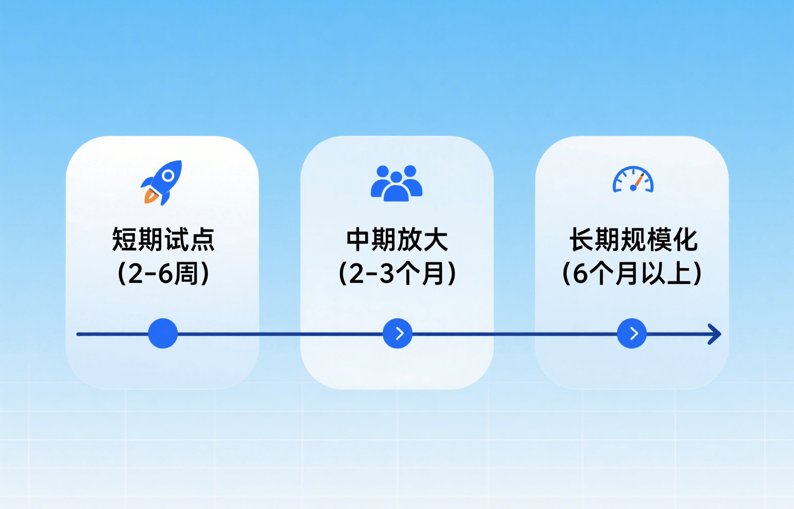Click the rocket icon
tap(161, 183)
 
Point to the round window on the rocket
tap(169, 175)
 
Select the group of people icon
tap(396, 184)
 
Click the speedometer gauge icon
tap(633, 179)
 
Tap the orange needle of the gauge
tap(639, 180)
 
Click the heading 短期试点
tap(163, 240)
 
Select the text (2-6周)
tap(163, 274)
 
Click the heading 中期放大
tap(397, 240)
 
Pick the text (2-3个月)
tap(397, 274)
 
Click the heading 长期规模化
tap(633, 240)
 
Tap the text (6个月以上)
tap(632, 274)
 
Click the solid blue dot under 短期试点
tap(163, 334)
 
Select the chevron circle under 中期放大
tap(398, 334)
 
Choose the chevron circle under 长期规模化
tap(632, 334)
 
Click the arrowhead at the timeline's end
tap(715, 334)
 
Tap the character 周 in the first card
tap(186, 274)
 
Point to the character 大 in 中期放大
tap(436, 240)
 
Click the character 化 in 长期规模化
tap(685, 240)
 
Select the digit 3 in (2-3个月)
tap(386, 274)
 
